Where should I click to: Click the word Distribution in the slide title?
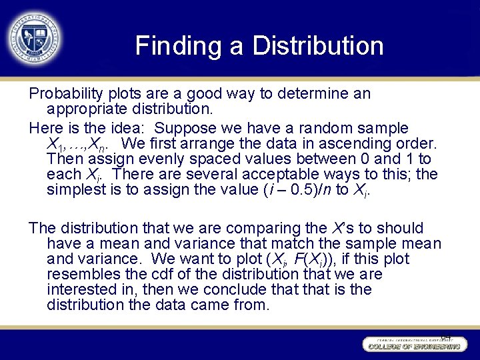pos(317,47)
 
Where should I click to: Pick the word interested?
pos(81,290)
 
